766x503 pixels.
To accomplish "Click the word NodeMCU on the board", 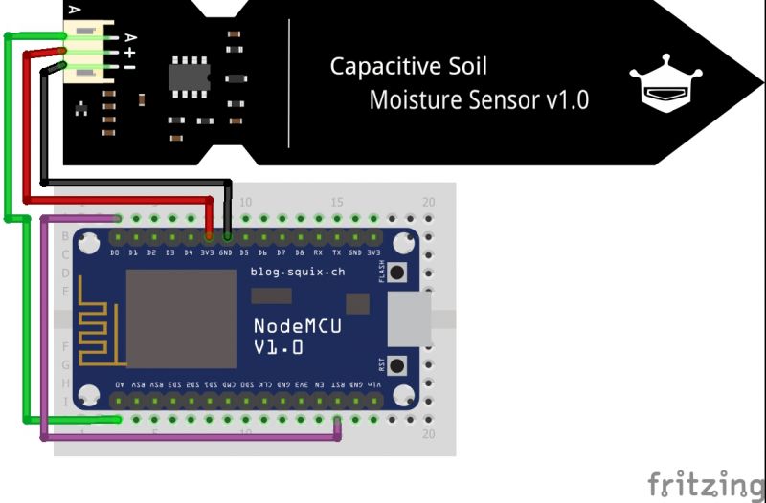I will (297, 326).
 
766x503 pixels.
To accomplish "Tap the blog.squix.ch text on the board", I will (297, 273).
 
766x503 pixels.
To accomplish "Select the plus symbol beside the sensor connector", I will (129, 53).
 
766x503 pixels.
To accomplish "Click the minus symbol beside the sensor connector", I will (129, 67).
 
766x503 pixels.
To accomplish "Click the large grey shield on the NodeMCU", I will (181, 318).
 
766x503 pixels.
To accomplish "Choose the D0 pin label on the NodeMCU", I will (116, 253).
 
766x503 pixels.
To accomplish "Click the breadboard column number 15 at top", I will (337, 203).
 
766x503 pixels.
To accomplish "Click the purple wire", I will (44, 335).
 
